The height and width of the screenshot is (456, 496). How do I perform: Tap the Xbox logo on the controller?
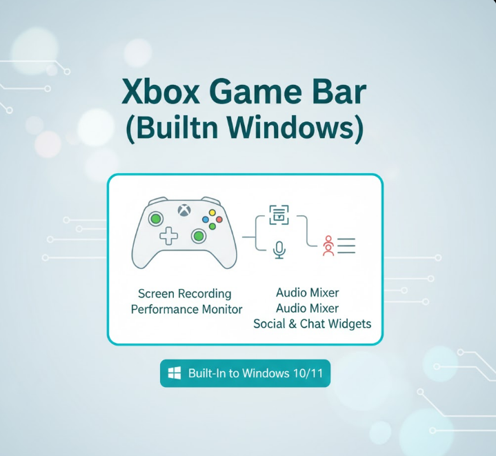pos(183,210)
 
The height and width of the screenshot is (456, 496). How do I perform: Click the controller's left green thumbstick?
pos(157,219)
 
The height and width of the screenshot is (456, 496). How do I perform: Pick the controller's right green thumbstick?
pos(199,237)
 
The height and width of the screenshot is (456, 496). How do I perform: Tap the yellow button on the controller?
pos(212,212)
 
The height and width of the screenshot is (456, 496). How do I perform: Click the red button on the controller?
pos(219,219)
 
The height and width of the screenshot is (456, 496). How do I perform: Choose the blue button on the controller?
pos(205,219)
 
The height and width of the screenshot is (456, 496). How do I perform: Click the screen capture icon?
pos(279,215)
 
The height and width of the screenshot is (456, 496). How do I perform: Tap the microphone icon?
pos(279,249)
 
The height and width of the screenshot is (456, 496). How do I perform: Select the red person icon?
pos(328,246)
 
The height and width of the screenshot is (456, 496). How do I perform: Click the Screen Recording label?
pos(185,294)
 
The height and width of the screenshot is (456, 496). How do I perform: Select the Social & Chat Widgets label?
pos(312,324)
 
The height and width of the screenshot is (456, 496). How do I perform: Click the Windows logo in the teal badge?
pos(175,373)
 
